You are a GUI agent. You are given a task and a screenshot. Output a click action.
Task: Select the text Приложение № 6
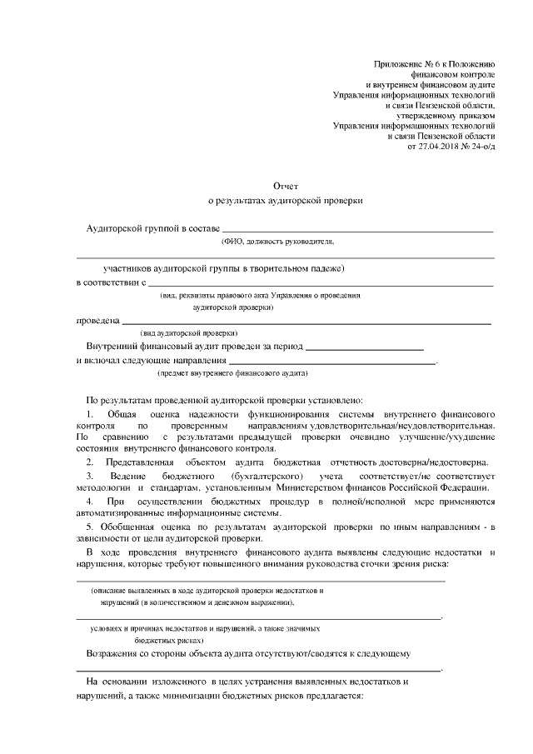click(408, 64)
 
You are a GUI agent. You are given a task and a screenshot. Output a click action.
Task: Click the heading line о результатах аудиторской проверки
click(285, 201)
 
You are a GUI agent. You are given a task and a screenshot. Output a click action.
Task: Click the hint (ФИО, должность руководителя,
click(277, 242)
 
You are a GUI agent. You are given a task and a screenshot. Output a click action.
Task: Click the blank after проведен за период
click(366, 347)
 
